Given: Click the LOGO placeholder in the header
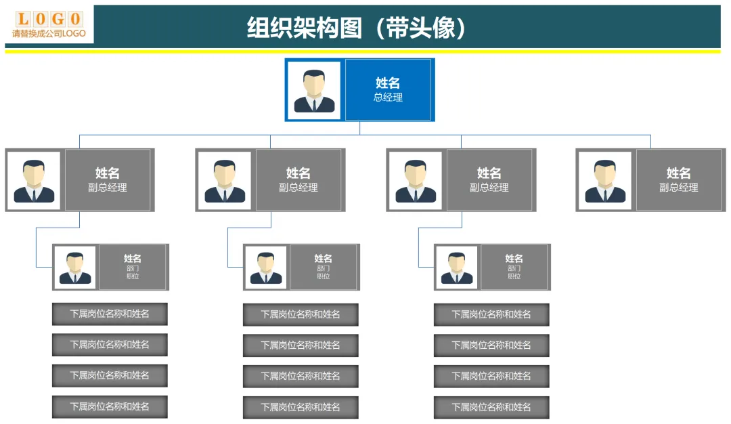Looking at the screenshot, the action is [x=49, y=18].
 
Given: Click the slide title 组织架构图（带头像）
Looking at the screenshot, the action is [x=357, y=28].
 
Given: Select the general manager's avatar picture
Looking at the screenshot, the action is [x=315, y=90].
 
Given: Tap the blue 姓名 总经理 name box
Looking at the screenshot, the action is [x=388, y=90].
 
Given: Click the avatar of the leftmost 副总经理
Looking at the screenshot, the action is [x=35, y=180].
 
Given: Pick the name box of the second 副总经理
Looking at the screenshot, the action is [x=298, y=180].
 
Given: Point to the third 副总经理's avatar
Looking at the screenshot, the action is [x=416, y=180].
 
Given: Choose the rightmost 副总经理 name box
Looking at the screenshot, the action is [x=678, y=180].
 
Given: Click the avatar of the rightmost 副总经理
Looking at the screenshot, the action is [x=605, y=180].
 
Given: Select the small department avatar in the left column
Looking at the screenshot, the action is [x=75, y=267].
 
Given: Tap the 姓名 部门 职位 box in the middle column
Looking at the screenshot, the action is [x=324, y=267].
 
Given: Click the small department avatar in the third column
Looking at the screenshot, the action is [x=457, y=267].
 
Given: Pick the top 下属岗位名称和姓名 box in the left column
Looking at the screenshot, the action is [x=110, y=314].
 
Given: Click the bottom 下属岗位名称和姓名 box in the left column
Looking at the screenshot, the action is [x=110, y=406].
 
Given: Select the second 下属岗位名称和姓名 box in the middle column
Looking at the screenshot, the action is [x=301, y=345].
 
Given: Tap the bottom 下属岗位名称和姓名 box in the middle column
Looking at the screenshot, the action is [x=301, y=407].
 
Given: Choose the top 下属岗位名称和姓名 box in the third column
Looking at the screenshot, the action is [x=491, y=314].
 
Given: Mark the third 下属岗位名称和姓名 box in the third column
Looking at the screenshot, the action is [x=491, y=376].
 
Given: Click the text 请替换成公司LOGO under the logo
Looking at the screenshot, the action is [x=49, y=33].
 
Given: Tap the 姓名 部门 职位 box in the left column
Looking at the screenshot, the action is [x=133, y=267].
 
